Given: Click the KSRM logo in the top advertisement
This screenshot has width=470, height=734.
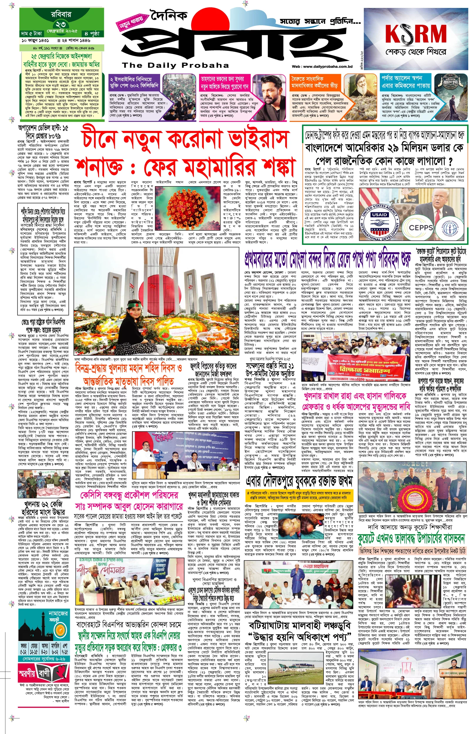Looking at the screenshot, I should tap(416, 33).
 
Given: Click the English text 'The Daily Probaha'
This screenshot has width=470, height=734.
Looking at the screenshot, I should tap(175, 65).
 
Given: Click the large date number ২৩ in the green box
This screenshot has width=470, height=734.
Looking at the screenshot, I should tap(61, 24).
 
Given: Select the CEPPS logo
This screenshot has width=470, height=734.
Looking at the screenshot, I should tap(421, 228).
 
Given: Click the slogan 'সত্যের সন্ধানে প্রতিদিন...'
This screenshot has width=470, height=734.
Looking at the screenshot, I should tap(320, 22).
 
